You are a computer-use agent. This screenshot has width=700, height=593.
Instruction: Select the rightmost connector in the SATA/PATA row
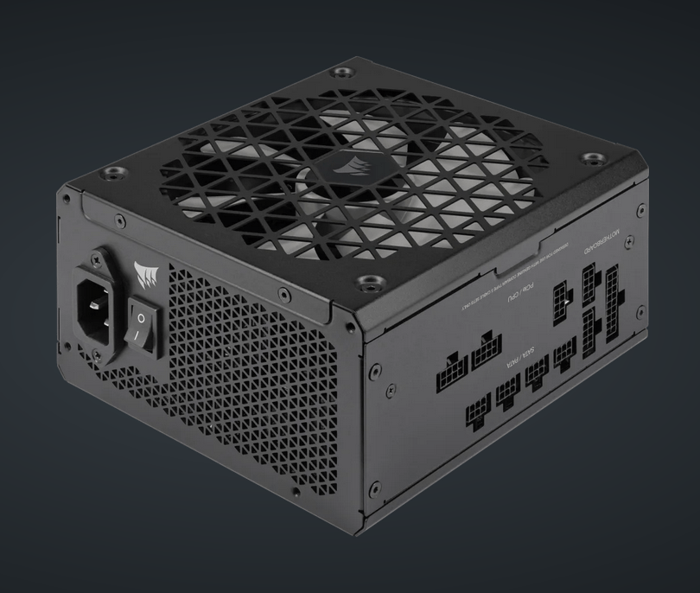(564, 353)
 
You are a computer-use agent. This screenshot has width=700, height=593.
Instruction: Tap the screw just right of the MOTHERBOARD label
(640, 210)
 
